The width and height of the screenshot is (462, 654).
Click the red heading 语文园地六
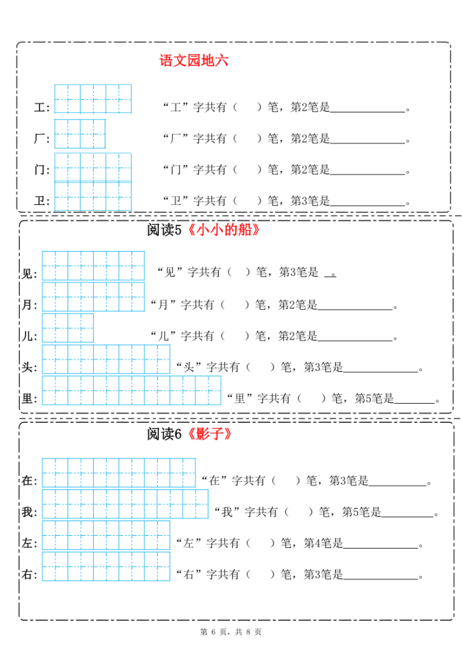pos(194,61)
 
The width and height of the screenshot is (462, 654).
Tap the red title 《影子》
pos(207,434)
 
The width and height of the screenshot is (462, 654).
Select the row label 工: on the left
pos(41,108)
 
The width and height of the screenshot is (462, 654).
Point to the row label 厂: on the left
pos(41,139)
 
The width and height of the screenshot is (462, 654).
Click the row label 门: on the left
pos(41,170)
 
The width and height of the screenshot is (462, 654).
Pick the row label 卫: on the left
pos(41,201)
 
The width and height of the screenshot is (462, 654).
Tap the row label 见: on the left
pos(29,274)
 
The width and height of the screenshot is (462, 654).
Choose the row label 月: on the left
pos(29,305)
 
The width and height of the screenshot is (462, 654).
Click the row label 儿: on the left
pos(29,336)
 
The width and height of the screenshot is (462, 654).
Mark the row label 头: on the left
pos(29,368)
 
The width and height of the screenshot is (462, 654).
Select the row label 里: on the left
pos(29,399)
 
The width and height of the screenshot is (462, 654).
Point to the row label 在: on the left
pos(29,481)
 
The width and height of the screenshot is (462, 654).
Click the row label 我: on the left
pos(29,512)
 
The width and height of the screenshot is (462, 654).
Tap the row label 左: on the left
pos(29,544)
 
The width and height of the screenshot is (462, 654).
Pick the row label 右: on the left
pos(29,574)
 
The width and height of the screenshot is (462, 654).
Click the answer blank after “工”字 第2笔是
pos(368,107)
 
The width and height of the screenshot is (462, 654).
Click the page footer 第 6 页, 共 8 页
pos(231,632)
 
